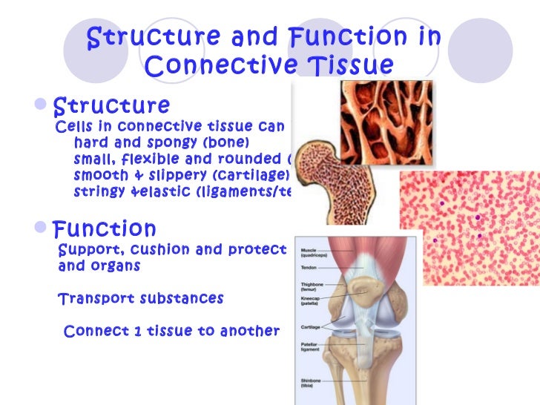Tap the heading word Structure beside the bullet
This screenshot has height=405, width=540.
coord(112,105)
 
